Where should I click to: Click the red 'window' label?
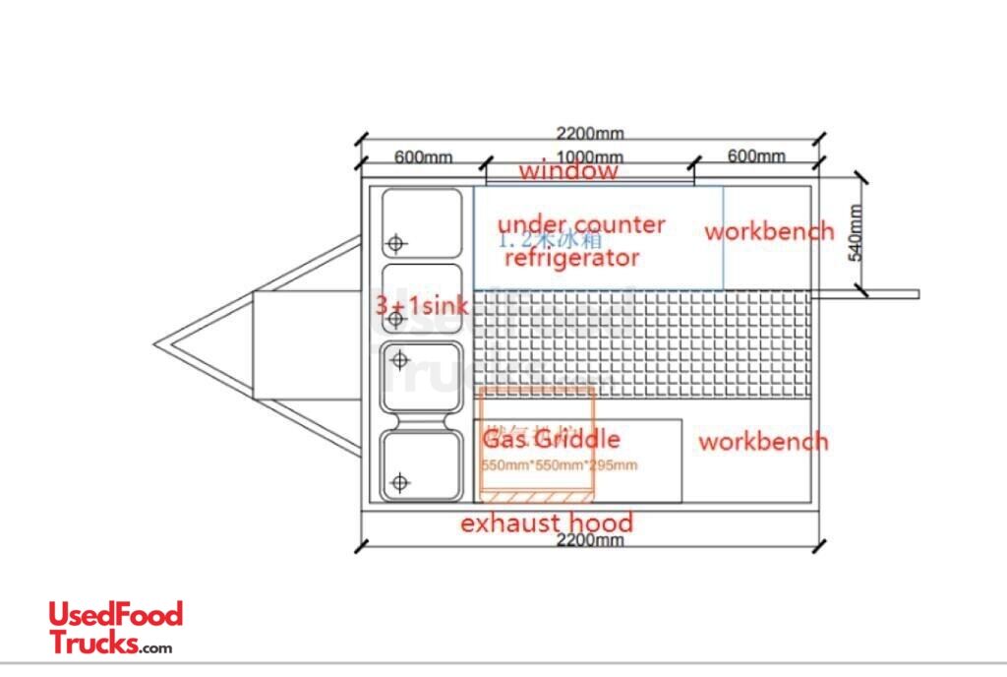tap(568, 171)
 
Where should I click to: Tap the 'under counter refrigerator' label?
tap(579, 241)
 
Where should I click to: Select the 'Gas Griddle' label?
tap(551, 438)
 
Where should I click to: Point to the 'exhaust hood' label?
tap(547, 523)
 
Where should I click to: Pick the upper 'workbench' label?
tap(769, 232)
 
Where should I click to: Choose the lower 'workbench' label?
tap(763, 441)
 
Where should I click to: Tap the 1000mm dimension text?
tap(589, 157)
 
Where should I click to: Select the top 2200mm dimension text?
tap(589, 134)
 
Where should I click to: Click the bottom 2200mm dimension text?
tap(590, 540)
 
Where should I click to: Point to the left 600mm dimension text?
tap(423, 156)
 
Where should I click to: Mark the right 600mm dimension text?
tap(756, 155)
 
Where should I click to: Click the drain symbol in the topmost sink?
tap(395, 243)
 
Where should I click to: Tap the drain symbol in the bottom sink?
tap(399, 482)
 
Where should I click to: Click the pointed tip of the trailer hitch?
tap(156, 344)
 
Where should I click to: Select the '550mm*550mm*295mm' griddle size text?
tap(559, 464)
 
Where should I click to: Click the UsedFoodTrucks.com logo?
tap(115, 628)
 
